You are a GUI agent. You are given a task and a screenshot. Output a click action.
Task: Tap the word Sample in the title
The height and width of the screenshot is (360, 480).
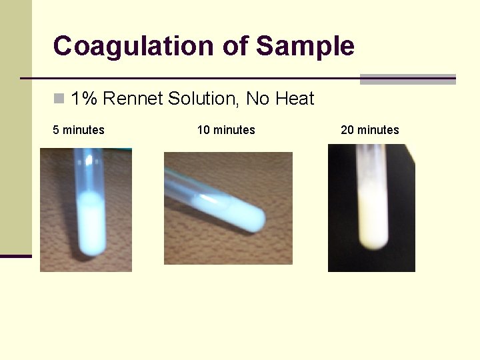click(305, 47)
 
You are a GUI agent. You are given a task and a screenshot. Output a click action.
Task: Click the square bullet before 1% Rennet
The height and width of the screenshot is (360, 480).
click(59, 99)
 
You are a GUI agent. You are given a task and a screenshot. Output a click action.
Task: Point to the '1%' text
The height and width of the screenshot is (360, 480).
click(84, 99)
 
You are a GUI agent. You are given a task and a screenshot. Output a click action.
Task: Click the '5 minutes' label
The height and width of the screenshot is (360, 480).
click(79, 130)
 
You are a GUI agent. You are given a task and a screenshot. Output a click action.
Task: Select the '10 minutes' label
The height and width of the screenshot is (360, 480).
click(226, 130)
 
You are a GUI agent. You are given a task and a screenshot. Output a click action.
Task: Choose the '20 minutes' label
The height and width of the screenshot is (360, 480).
click(370, 130)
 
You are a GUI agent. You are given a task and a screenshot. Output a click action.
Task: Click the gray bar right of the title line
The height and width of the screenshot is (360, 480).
click(407, 79)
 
